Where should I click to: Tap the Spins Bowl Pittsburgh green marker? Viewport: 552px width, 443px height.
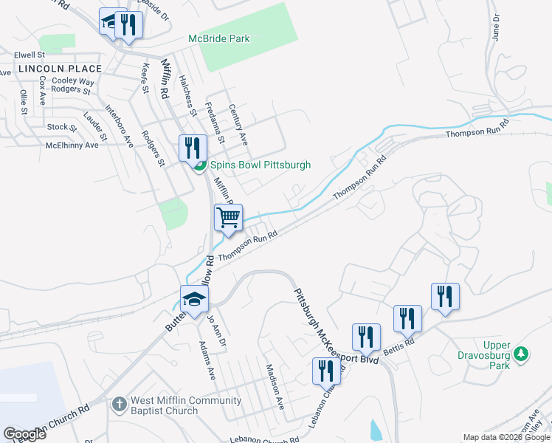[199, 165]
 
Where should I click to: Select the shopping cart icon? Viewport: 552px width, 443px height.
[229, 219]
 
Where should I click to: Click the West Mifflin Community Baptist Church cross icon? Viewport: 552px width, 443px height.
[120, 404]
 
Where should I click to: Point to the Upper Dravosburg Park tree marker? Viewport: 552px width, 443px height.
[522, 354]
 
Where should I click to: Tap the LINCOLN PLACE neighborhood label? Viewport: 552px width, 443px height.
[51, 68]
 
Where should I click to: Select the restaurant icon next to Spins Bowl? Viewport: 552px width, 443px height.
[192, 148]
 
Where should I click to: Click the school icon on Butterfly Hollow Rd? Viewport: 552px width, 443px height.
[195, 300]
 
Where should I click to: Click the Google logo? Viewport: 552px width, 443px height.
[25, 434]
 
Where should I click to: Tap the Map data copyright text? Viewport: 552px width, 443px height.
[506, 437]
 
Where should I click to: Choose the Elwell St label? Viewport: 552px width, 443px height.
[30, 55]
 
